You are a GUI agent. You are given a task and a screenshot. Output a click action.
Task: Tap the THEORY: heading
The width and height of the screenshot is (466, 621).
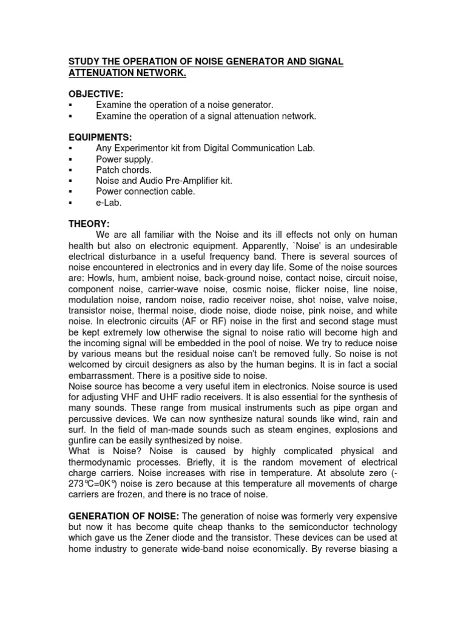(89, 224)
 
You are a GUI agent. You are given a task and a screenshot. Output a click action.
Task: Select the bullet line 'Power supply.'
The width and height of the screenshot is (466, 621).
(124, 159)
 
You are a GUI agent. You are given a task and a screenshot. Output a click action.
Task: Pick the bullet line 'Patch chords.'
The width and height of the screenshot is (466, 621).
(124, 170)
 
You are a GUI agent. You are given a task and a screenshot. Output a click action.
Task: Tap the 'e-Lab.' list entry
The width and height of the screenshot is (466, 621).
(109, 202)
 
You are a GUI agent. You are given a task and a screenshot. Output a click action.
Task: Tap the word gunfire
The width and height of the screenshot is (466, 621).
(84, 441)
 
